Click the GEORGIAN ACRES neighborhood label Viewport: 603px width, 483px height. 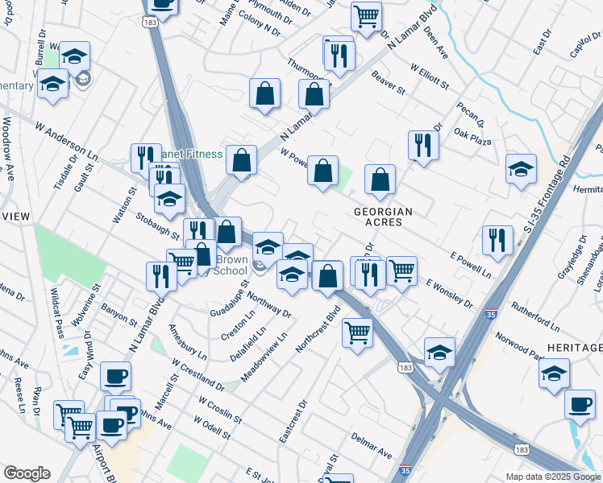click(x=384, y=217)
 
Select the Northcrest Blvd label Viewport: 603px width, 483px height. click(x=318, y=324)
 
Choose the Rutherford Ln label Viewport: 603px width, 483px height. click(x=535, y=317)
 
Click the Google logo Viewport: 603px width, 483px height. click(x=27, y=473)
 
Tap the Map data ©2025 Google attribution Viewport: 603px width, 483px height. click(x=553, y=477)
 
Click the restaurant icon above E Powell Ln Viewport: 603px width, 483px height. click(x=497, y=239)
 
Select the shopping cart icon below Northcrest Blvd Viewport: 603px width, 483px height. click(x=356, y=330)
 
